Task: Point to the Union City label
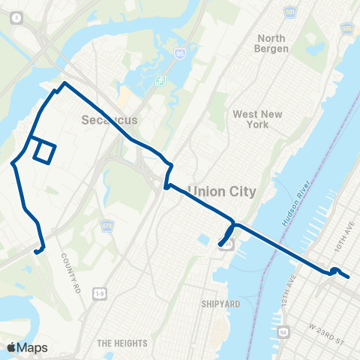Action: coord(222,192)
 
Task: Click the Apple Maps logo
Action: coord(27,347)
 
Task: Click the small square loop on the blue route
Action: coord(43,151)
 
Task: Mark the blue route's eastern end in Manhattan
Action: coord(349,277)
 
